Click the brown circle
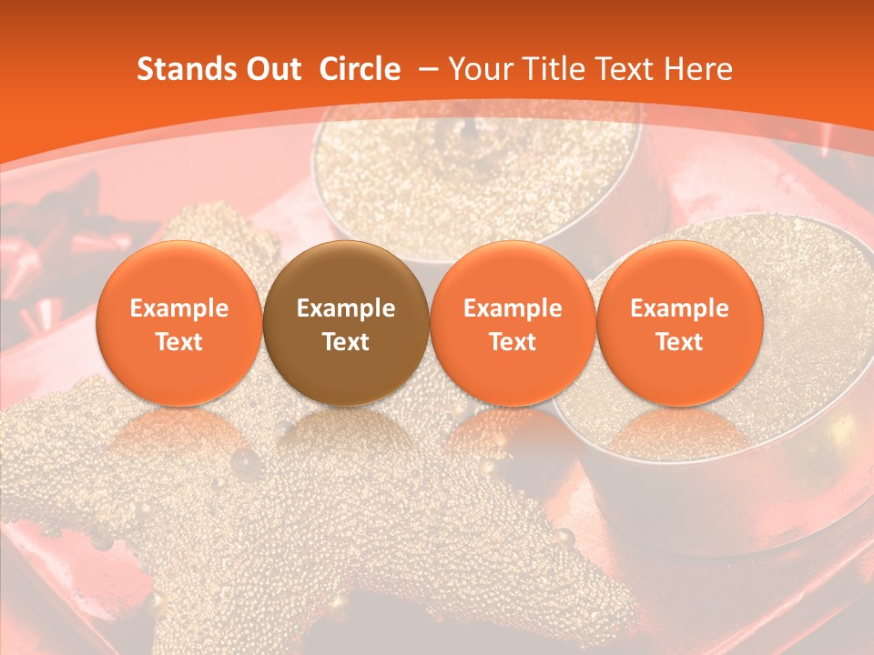[x=346, y=323]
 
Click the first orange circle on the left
[x=178, y=323]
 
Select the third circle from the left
[x=513, y=323]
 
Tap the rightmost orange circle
[x=679, y=323]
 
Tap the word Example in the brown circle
[x=346, y=308]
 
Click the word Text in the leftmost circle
[x=178, y=342]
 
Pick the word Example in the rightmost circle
[x=679, y=308]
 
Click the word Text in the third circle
[x=513, y=342]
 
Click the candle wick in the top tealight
[x=468, y=132]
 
